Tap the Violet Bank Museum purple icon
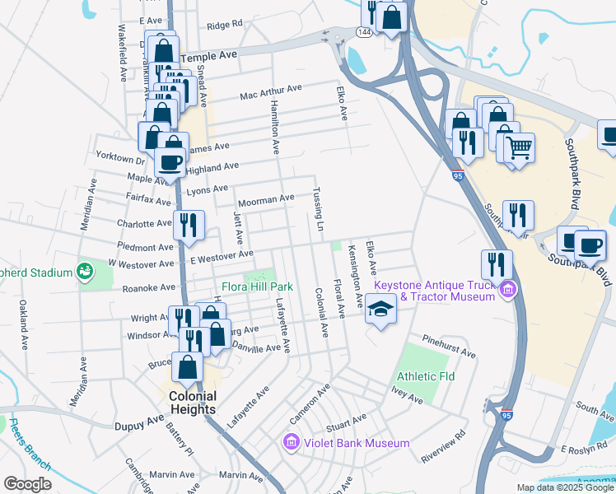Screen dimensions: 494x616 click(x=290, y=443)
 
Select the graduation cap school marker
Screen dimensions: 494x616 click(x=380, y=310)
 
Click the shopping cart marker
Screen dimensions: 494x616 click(x=519, y=149)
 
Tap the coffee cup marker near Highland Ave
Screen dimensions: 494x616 click(x=170, y=162)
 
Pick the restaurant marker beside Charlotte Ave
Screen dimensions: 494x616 click(x=188, y=225)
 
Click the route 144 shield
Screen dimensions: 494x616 click(x=363, y=30)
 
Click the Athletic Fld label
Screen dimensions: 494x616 click(x=426, y=376)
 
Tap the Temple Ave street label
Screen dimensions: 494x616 click(x=208, y=55)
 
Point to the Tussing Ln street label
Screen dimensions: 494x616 click(x=317, y=208)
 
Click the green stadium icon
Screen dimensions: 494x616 click(x=84, y=270)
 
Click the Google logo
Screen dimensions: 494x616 click(x=27, y=484)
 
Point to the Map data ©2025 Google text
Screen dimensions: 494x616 click(x=564, y=487)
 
